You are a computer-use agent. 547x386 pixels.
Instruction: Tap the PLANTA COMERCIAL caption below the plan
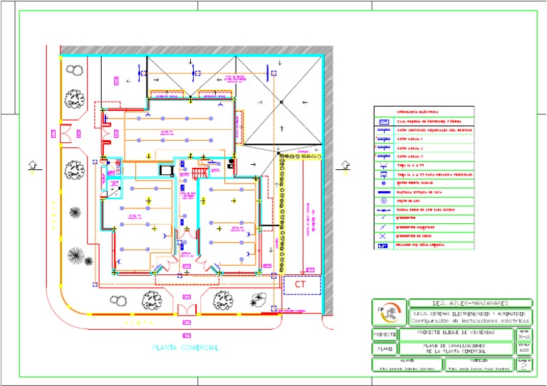pyautogui.click(x=185, y=348)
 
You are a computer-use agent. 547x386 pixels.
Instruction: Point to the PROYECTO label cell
pyautogui.click(x=384, y=334)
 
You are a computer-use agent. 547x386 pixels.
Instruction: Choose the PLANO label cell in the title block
pyautogui.click(x=384, y=349)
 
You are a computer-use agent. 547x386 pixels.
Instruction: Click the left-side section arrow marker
pyautogui.click(x=32, y=165)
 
